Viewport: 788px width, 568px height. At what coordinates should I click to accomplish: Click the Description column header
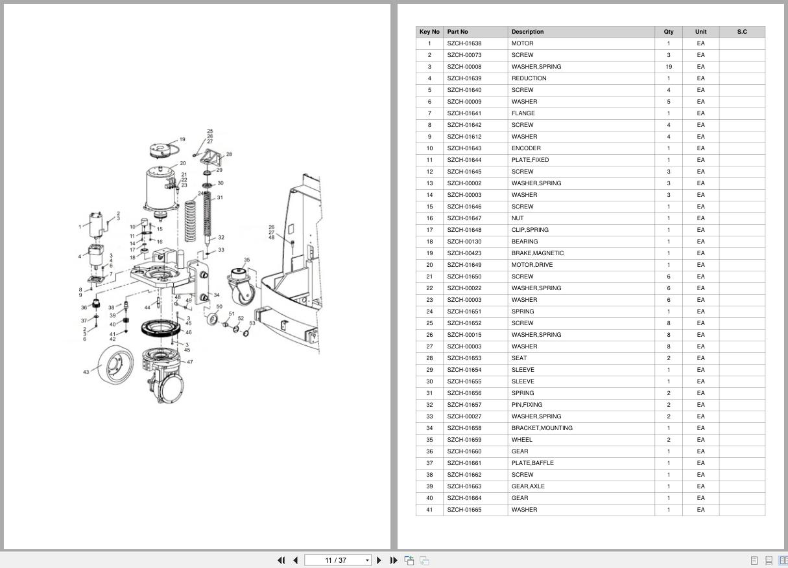[527, 32]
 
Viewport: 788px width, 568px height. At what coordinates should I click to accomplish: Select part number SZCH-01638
[464, 43]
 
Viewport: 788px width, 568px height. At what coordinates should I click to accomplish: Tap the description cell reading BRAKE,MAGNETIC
[537, 253]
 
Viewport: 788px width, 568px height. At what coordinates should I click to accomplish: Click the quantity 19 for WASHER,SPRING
[669, 67]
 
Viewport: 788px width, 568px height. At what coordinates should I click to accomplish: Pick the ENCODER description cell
[526, 148]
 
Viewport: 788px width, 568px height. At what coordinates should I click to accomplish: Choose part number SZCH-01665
[464, 509]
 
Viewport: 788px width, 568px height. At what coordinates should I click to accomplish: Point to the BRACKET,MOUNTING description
[542, 428]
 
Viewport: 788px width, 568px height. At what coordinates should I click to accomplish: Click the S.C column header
[742, 32]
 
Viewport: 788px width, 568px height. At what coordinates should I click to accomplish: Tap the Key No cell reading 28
[429, 358]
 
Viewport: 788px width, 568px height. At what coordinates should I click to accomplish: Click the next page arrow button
[379, 560]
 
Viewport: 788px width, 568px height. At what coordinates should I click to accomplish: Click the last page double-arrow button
[394, 560]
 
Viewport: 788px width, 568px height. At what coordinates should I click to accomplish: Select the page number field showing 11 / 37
[337, 560]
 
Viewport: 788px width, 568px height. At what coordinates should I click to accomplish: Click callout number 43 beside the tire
[86, 372]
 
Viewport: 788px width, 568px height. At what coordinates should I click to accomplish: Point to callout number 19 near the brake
[182, 139]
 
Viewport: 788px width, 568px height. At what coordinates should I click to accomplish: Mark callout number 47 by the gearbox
[189, 362]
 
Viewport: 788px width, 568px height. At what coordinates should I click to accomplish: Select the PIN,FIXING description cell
[527, 405]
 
